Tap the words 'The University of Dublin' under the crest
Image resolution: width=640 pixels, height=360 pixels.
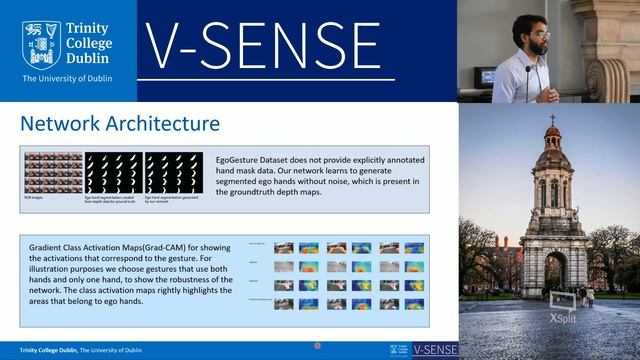pos(65,78)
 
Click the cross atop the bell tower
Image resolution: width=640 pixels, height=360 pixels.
pos(551,119)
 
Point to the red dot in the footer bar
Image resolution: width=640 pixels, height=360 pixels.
pos(317,346)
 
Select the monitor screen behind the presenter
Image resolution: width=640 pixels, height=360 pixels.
pos(486,76)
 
